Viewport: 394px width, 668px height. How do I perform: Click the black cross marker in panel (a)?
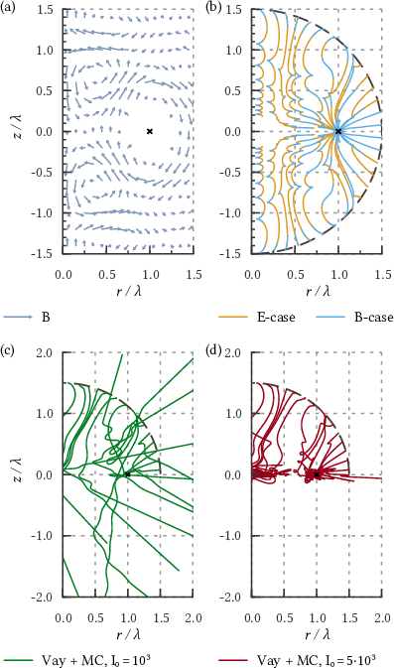click(x=150, y=132)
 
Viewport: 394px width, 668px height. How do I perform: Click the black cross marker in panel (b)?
click(x=338, y=132)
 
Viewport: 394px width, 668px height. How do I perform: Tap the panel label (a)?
click(x=8, y=8)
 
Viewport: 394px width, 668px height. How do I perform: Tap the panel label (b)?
click(x=213, y=8)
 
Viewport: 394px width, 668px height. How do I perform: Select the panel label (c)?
click(x=8, y=352)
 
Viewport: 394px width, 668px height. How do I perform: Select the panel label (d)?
click(x=213, y=352)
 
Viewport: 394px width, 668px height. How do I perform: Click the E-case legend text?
click(x=277, y=318)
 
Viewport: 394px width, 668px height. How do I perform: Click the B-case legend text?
click(x=374, y=318)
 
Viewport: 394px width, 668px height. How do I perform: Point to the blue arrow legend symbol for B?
click(x=18, y=317)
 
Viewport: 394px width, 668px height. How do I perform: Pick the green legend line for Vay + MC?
click(x=18, y=660)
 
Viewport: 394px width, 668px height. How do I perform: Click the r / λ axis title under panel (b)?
click(x=318, y=292)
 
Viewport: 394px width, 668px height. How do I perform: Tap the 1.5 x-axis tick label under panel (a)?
click(x=194, y=274)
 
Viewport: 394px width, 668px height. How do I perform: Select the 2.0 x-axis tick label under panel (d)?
click(x=382, y=618)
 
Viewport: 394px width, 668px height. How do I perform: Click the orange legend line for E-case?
click(x=232, y=318)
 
